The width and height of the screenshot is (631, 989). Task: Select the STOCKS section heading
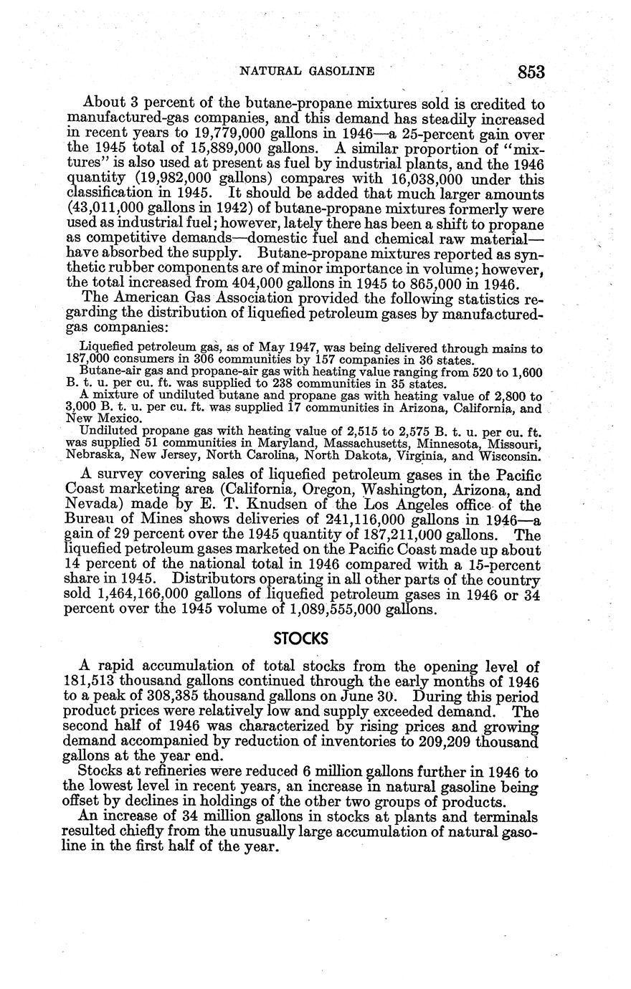(301, 639)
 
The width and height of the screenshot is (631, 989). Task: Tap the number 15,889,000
(259, 149)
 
